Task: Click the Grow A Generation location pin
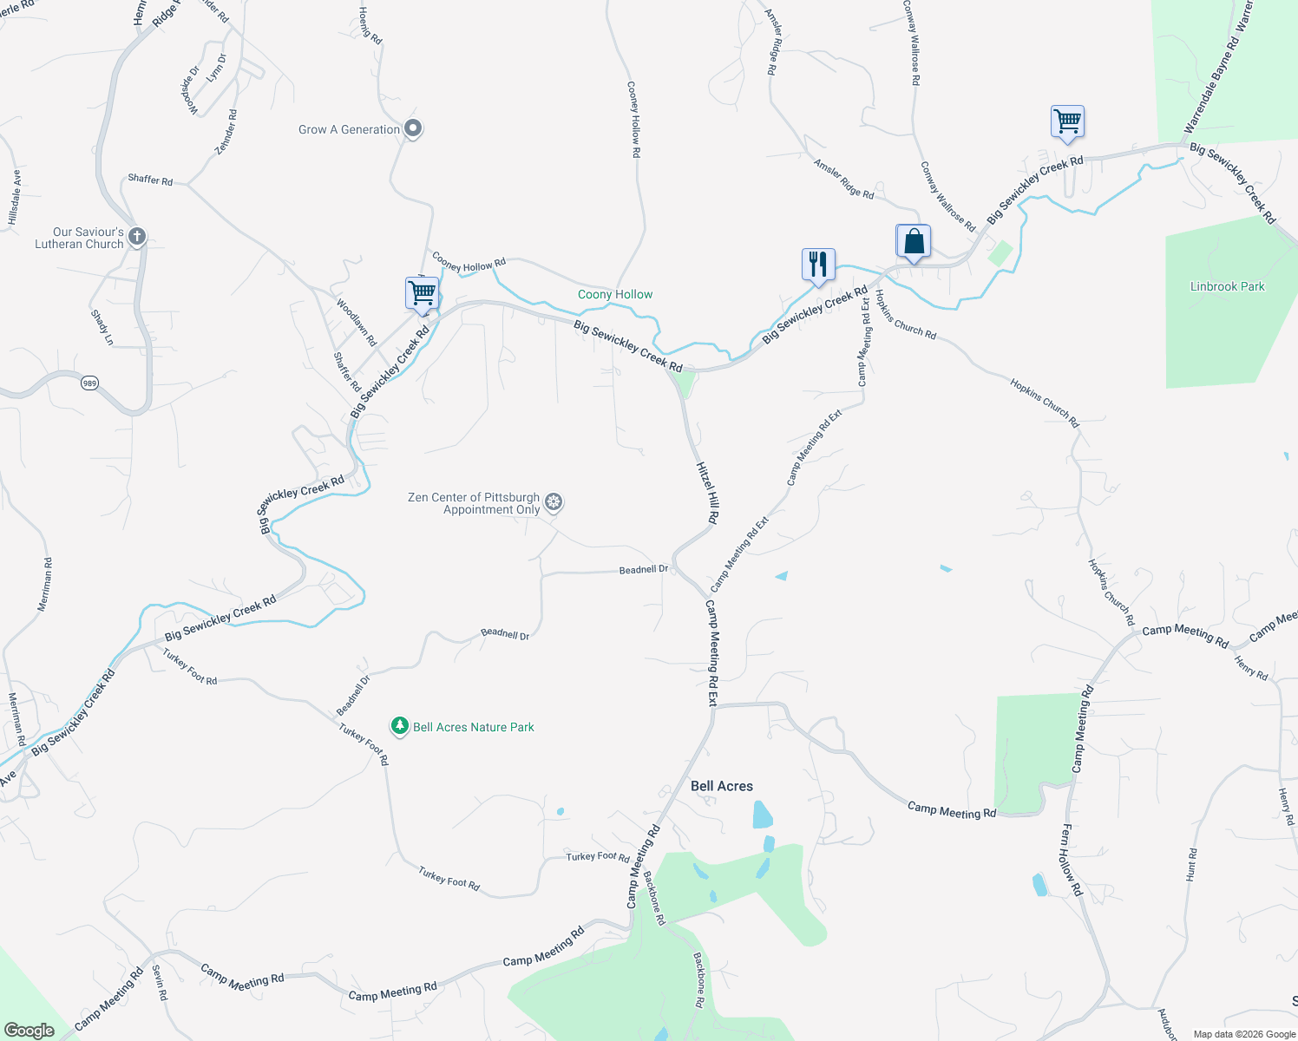414,129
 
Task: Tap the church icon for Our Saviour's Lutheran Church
136,236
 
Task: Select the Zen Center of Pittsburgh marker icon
554,502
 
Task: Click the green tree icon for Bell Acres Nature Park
399,726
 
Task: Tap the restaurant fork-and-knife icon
818,264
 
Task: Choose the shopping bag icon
914,241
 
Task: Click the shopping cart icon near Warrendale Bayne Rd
1067,121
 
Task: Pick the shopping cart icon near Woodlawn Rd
423,293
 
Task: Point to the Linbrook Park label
1227,286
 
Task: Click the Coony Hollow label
615,295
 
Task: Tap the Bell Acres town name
722,786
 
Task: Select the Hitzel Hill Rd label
708,492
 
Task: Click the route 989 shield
90,383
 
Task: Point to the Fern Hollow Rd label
1072,860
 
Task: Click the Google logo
29,1031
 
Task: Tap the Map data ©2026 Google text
1244,1034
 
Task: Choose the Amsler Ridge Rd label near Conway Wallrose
843,178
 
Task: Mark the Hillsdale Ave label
14,198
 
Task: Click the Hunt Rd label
1192,865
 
